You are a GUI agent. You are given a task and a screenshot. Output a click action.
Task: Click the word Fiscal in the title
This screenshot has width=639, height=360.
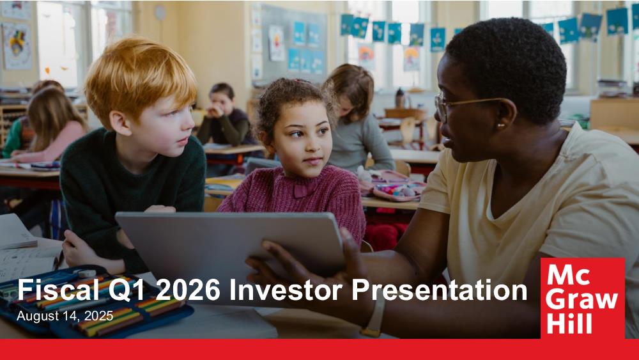[58, 290]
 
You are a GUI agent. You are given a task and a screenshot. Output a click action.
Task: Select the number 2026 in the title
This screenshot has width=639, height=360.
[188, 290]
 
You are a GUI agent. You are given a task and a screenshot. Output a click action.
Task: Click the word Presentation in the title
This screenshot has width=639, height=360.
[439, 290]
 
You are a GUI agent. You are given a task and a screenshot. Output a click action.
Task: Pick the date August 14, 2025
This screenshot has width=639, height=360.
[65, 316]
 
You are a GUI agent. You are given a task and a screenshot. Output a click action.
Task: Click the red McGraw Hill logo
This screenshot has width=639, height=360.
[582, 298]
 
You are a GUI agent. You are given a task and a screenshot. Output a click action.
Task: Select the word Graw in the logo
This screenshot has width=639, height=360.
[581, 301]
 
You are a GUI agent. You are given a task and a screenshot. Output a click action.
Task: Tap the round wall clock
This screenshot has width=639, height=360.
[160, 13]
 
